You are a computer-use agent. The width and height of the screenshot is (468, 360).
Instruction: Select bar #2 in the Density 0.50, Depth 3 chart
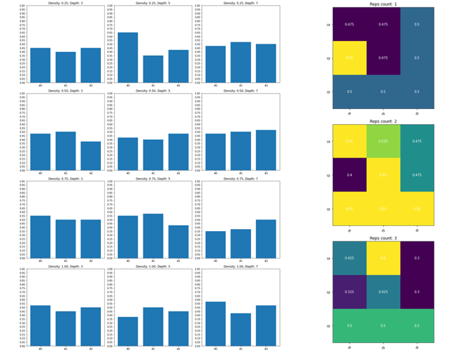pyautogui.click(x=91, y=156)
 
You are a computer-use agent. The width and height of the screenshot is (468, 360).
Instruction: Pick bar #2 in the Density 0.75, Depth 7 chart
pyautogui.click(x=266, y=239)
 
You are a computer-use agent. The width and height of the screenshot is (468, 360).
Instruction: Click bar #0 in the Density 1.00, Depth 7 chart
pyautogui.click(x=215, y=324)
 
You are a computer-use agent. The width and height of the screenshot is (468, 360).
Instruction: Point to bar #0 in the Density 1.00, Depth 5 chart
pyautogui.click(x=128, y=331)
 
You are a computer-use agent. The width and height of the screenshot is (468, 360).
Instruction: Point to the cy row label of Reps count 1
pyautogui.click(x=328, y=59)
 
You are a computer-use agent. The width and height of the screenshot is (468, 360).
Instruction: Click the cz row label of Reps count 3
pyautogui.click(x=328, y=326)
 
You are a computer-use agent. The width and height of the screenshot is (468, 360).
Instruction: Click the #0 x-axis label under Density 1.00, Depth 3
pyautogui.click(x=40, y=350)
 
